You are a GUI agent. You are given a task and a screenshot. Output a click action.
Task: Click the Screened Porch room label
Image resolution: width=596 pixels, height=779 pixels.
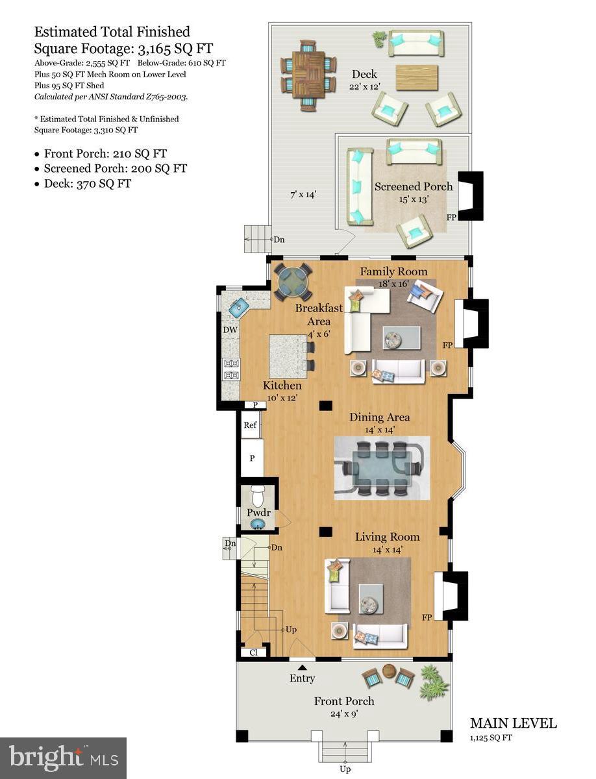pos(414,187)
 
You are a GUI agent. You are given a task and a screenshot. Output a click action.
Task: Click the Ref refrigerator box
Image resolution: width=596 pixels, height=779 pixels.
pos(250,425)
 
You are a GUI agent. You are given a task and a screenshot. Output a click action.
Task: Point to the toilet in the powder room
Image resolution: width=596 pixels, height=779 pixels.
pos(258,495)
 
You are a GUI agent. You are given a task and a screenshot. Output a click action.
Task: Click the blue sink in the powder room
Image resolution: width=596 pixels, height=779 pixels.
pos(258,524)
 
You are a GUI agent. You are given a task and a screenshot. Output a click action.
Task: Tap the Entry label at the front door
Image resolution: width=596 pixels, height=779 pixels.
pos(302,678)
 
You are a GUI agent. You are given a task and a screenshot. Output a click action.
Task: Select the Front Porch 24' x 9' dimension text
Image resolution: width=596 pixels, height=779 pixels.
pos(344,713)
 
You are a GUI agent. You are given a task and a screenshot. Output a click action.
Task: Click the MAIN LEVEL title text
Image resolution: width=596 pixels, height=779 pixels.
pos(513,723)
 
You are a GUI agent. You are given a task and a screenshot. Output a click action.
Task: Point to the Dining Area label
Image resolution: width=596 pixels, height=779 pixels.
pos(380,417)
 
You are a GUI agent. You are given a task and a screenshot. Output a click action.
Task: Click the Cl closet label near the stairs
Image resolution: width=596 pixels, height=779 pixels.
pos(253,652)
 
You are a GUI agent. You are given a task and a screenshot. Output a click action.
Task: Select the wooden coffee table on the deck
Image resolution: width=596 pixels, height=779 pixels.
pos(416,77)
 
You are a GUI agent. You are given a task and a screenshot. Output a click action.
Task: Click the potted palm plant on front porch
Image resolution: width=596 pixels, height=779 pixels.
pos(433,681)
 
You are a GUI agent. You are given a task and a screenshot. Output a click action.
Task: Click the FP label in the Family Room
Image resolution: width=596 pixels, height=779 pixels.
pos(447,345)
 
